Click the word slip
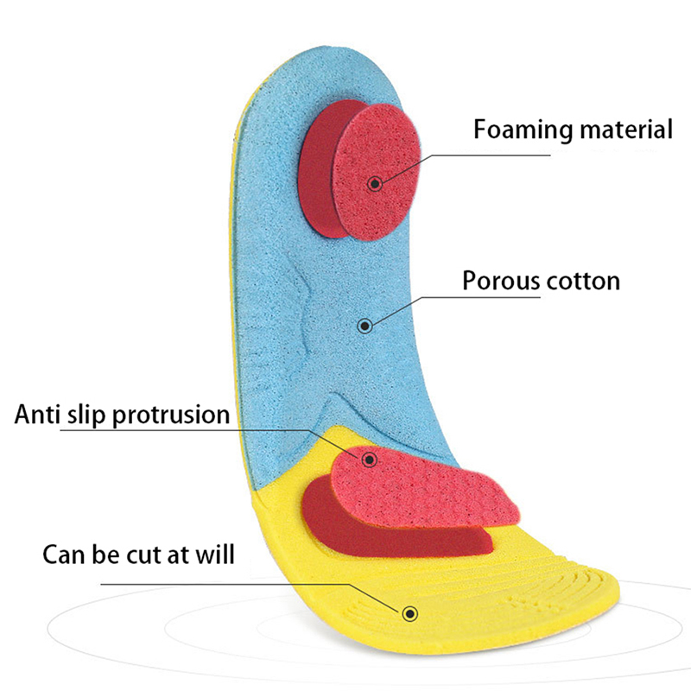(90, 415)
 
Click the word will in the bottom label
(215, 553)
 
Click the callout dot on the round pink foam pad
(375, 183)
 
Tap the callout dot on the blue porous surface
(365, 326)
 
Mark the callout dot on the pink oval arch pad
(370, 460)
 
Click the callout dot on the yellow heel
(409, 612)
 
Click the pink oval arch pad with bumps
(432, 488)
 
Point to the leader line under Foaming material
(484, 155)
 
